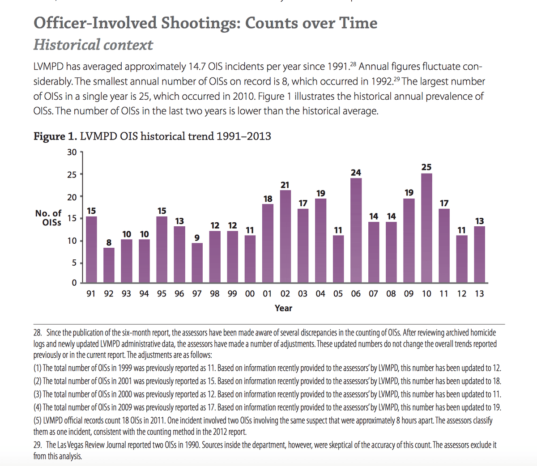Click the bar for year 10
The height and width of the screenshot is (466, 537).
click(x=426, y=228)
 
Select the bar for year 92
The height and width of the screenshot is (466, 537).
click(x=109, y=265)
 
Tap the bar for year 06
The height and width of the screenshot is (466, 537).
click(x=356, y=230)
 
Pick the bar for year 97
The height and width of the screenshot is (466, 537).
click(x=197, y=263)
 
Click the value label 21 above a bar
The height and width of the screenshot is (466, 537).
click(x=285, y=185)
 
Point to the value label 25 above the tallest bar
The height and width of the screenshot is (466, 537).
click(x=426, y=167)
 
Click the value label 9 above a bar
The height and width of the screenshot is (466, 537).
click(x=197, y=237)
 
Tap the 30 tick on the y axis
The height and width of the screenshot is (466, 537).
click(x=72, y=152)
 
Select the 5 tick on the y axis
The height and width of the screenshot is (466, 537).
click(x=74, y=263)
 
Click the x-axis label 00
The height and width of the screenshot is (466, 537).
click(x=250, y=294)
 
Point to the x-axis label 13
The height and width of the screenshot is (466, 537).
click(x=480, y=294)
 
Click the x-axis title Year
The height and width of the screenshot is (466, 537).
click(x=283, y=308)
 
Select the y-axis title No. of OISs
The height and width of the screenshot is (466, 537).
click(x=48, y=218)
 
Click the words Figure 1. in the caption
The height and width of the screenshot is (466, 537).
click(x=55, y=136)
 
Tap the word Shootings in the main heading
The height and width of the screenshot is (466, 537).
click(x=201, y=23)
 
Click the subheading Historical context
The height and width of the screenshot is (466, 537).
click(x=93, y=45)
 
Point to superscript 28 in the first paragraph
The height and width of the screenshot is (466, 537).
click(x=353, y=64)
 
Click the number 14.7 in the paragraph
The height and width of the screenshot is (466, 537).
click(x=197, y=67)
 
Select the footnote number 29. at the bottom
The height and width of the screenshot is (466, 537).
click(x=38, y=445)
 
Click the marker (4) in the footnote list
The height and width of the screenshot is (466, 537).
click(x=38, y=407)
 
